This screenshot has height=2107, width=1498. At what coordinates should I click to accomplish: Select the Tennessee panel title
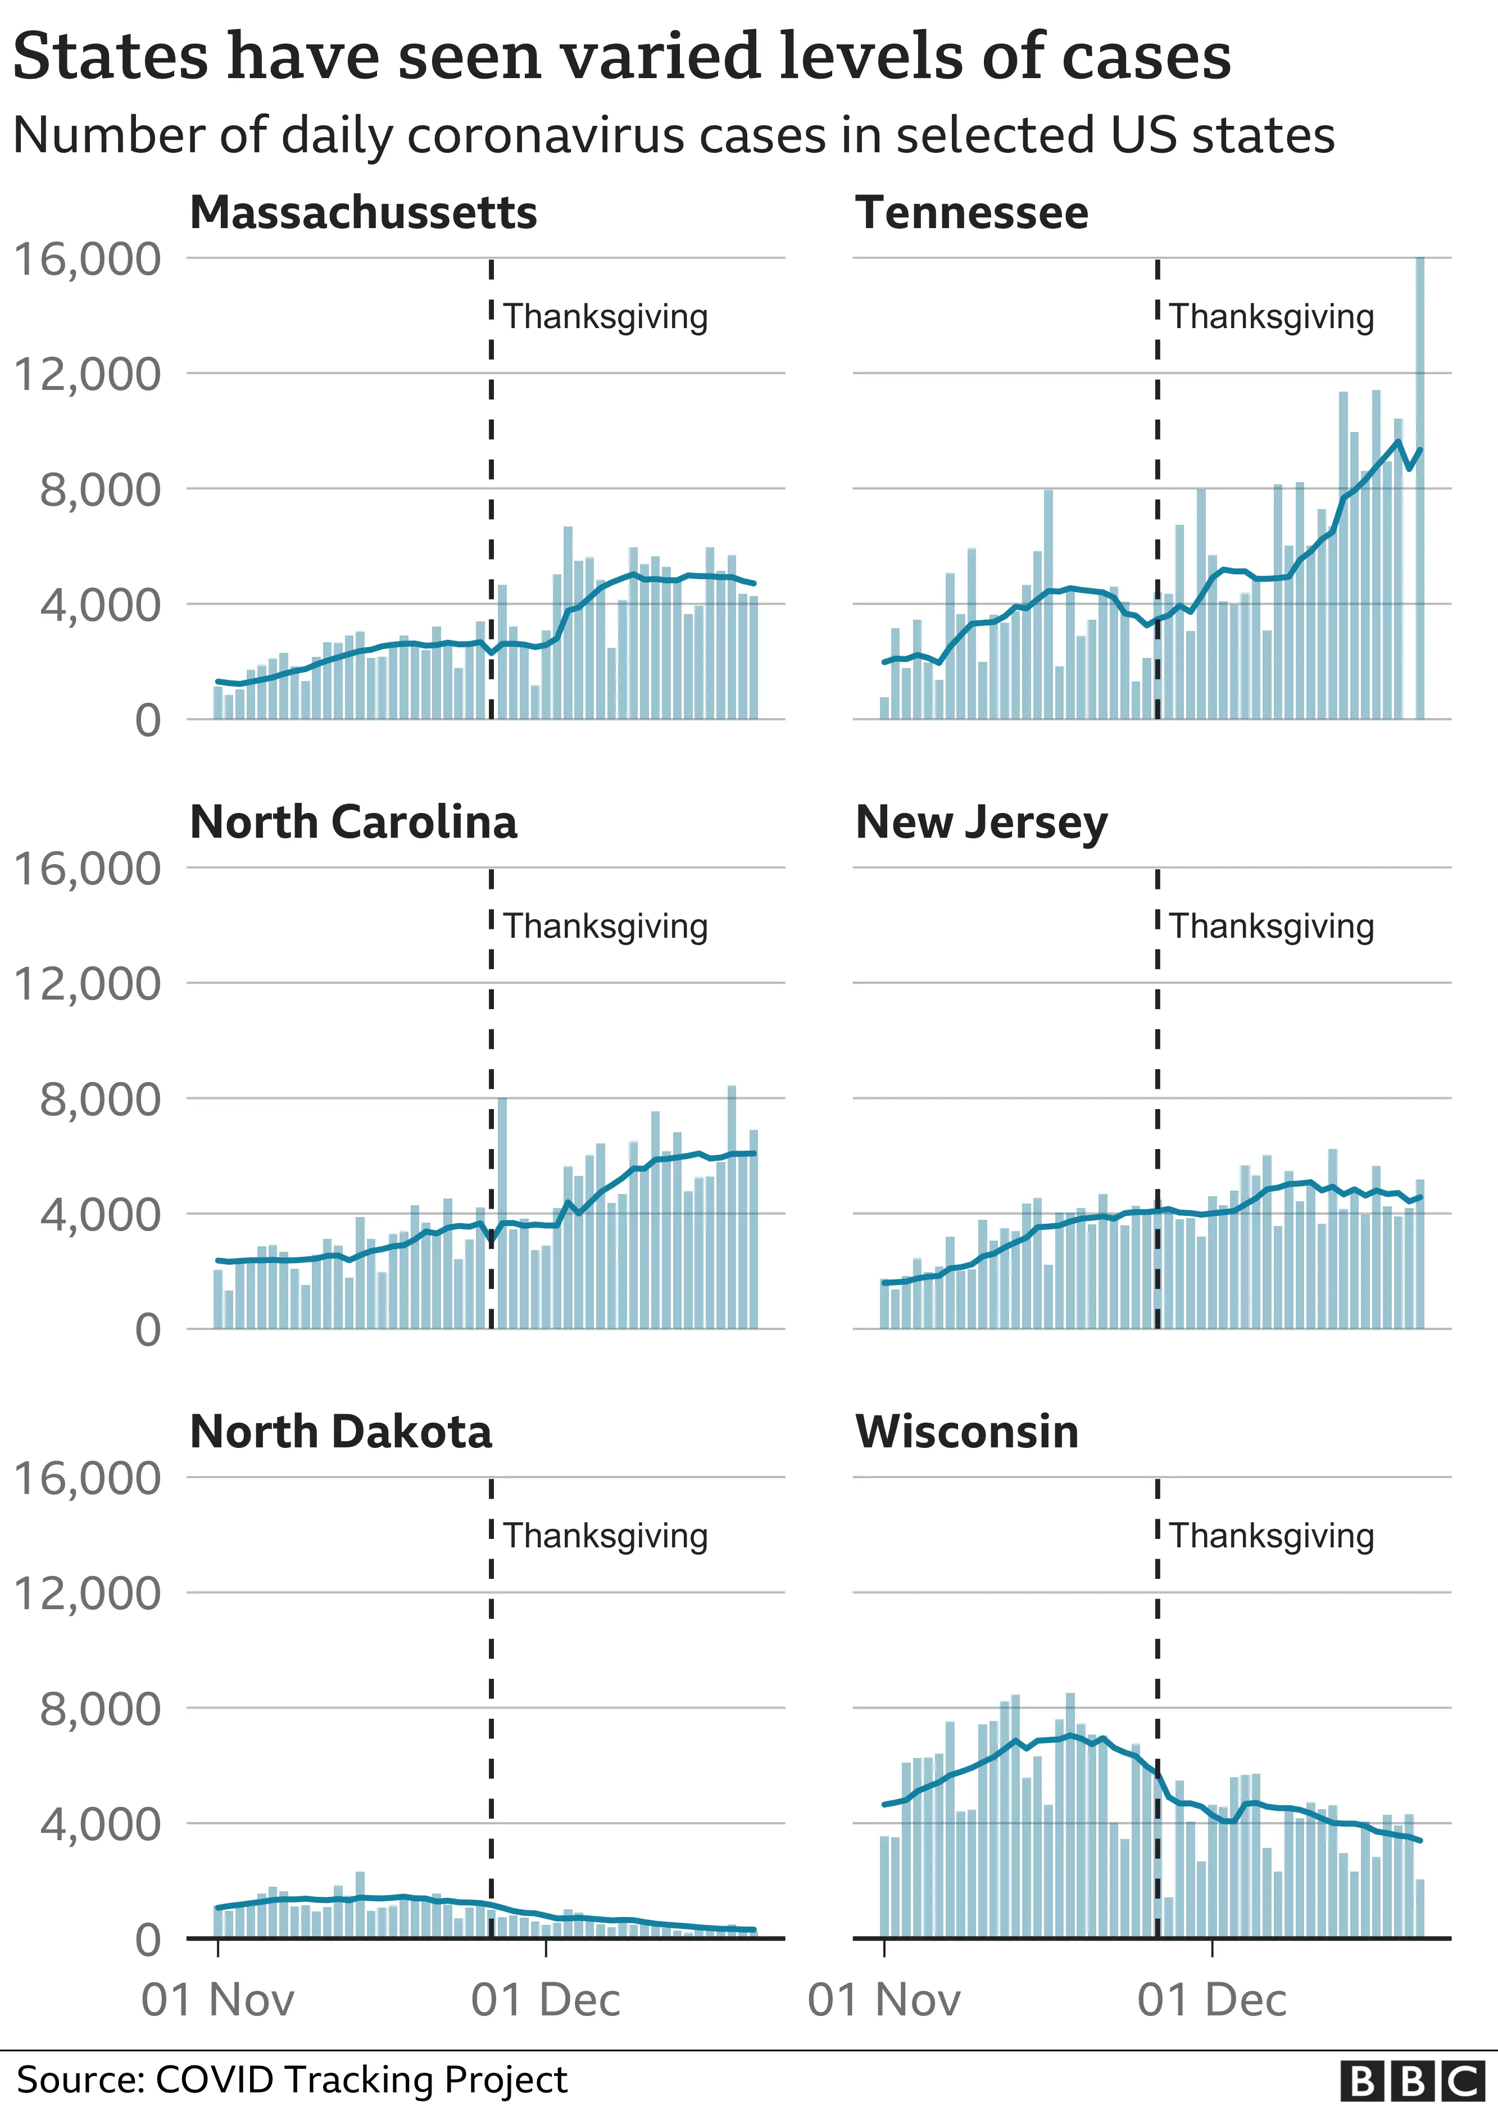[x=972, y=213]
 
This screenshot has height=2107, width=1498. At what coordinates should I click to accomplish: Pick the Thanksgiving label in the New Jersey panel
[x=1271, y=926]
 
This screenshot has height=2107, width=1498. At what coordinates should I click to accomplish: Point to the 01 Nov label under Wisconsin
[x=884, y=2000]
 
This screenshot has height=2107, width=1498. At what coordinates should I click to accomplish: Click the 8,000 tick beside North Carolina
[x=99, y=1099]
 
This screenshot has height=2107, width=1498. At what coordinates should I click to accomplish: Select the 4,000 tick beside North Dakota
[x=99, y=1824]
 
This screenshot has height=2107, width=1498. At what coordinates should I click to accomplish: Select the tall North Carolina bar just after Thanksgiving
[x=502, y=1213]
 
